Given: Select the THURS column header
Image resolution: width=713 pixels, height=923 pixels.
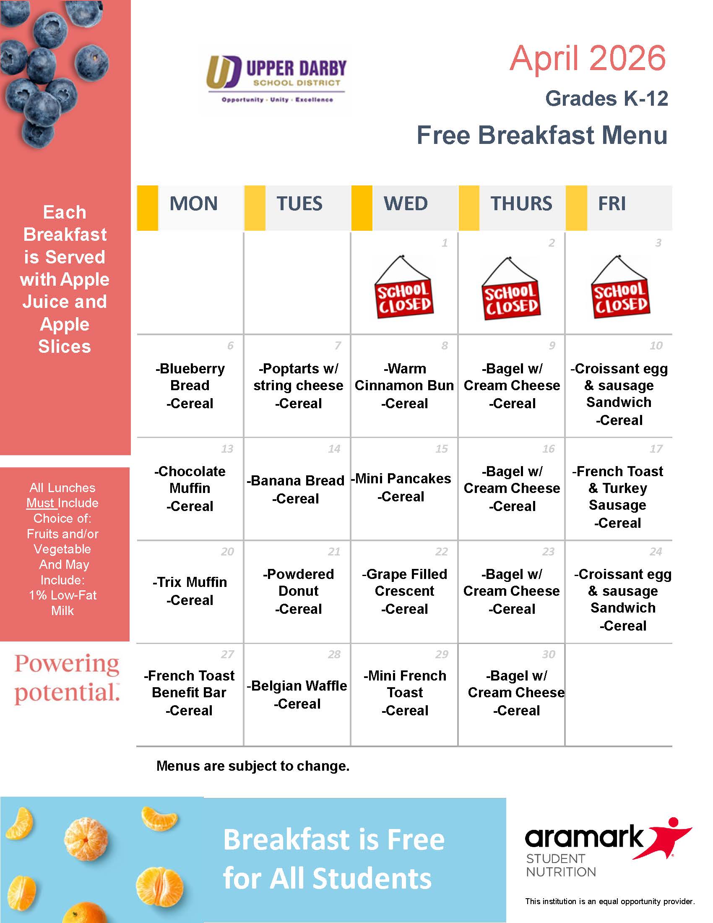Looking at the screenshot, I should tap(521, 204).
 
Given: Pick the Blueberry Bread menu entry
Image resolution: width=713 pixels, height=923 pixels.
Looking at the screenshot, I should tap(190, 377).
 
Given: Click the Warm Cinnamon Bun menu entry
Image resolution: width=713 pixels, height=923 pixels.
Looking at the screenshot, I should tap(404, 377).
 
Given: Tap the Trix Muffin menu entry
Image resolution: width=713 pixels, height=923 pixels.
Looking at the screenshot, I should tap(190, 582).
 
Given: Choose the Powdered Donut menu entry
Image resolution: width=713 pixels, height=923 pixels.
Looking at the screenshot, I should tap(298, 582).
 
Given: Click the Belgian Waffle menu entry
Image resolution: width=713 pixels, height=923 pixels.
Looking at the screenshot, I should tap(297, 686).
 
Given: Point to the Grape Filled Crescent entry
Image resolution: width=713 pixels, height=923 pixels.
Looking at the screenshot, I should tap(404, 582).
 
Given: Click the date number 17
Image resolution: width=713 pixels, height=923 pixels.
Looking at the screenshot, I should tap(656, 448).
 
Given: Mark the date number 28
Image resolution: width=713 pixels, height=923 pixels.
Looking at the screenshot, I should tap(334, 654).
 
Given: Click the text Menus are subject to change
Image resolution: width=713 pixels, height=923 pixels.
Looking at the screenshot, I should tap(252, 765).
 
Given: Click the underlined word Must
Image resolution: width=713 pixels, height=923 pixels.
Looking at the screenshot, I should tap(40, 503).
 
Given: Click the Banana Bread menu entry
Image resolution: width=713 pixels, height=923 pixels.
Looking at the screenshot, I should tap(296, 480).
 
